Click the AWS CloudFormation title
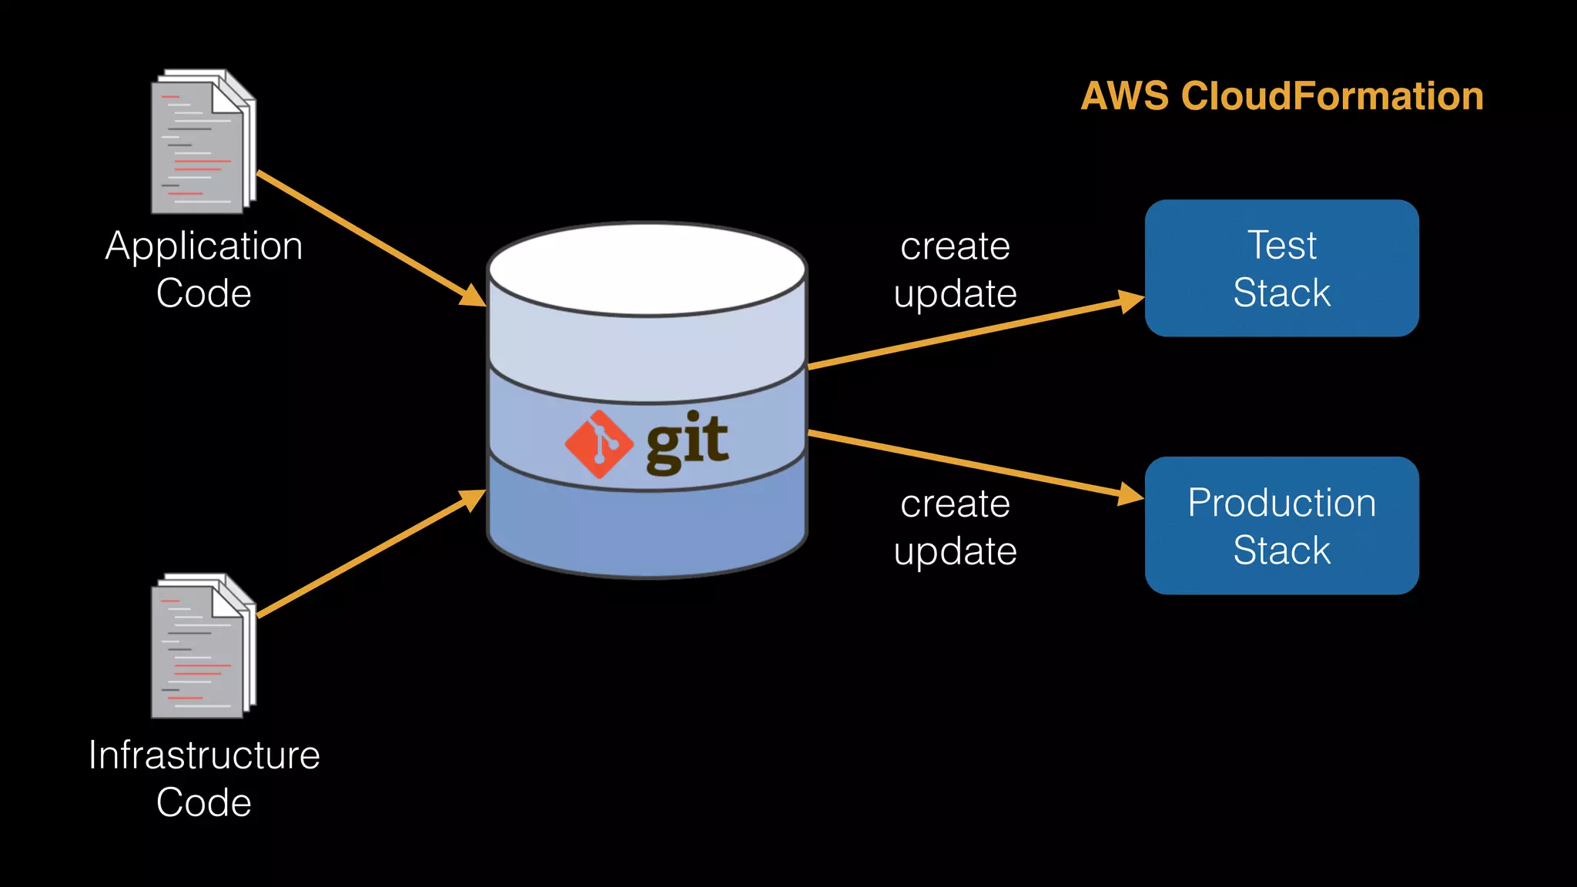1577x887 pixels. [x=1281, y=96]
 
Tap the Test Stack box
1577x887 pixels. [x=1281, y=268]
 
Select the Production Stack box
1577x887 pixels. [x=1281, y=525]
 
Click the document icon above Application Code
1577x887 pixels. [x=203, y=142]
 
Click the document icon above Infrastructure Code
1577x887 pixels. [x=203, y=647]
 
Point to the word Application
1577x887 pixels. [x=203, y=246]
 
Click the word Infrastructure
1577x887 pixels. [x=203, y=755]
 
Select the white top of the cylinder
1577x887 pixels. [x=647, y=269]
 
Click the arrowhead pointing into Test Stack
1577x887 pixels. [x=1130, y=301]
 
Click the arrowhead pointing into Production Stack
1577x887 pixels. [x=1130, y=494]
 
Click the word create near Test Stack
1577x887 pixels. [x=955, y=247]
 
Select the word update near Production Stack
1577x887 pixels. [x=955, y=551]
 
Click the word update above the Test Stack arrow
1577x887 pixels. [x=955, y=294]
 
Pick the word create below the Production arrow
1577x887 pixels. [x=955, y=504]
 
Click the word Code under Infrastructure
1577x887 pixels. [x=203, y=802]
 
